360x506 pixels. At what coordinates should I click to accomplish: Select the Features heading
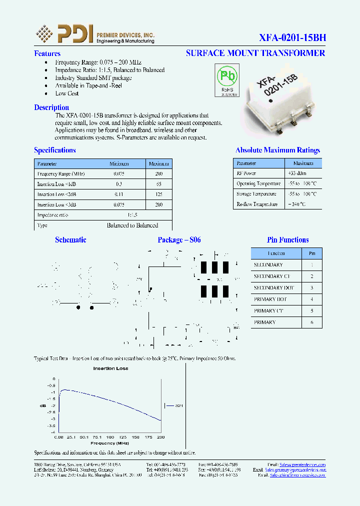tap(47, 53)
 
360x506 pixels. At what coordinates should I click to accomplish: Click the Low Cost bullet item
tap(67, 93)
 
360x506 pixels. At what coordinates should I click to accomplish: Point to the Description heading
tap(51, 107)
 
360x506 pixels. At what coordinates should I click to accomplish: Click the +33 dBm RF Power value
tap(295, 173)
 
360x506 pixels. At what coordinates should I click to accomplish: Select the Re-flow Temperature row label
tap(256, 204)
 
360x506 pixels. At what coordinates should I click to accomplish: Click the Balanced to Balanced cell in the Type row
tap(132, 225)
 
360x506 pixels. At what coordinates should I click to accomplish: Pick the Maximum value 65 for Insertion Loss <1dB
tap(159, 184)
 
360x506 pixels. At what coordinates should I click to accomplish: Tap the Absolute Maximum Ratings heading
tap(277, 150)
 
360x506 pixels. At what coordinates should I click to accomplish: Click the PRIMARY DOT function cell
tap(270, 299)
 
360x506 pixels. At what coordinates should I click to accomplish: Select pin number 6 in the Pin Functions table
tap(312, 322)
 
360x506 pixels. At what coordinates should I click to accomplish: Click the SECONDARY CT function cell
tap(271, 276)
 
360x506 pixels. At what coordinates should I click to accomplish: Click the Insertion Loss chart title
tap(110, 368)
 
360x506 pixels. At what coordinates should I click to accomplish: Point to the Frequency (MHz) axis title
tap(110, 443)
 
